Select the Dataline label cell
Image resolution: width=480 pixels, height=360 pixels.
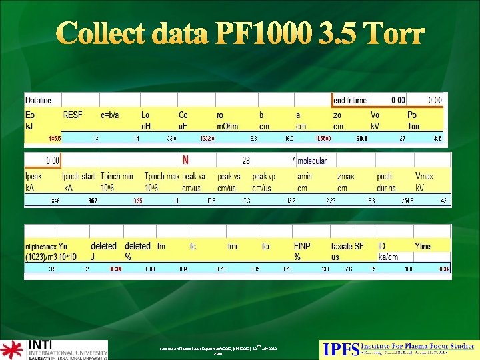click(38, 100)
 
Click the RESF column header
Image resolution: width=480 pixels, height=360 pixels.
click(73, 114)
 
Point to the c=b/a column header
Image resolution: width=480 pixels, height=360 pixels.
click(111, 114)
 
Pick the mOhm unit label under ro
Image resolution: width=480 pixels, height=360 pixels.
click(227, 125)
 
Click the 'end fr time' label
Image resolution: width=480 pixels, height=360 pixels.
click(350, 100)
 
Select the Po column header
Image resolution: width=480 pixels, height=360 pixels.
click(413, 114)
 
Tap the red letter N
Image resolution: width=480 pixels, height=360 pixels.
click(185, 160)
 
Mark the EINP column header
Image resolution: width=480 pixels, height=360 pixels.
click(302, 246)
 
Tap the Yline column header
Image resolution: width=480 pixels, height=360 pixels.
click(423, 246)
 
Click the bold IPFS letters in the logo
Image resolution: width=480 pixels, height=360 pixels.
click(340, 348)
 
